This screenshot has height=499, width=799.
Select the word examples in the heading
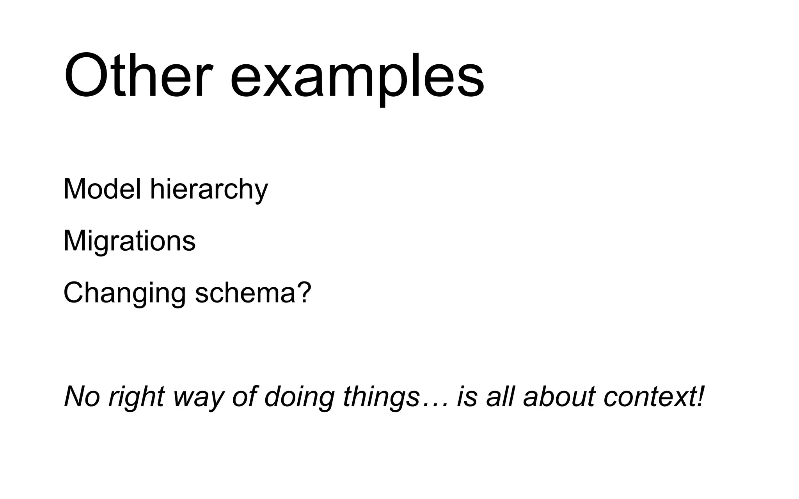click(357, 78)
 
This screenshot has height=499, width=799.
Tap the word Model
click(102, 189)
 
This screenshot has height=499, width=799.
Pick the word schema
click(245, 293)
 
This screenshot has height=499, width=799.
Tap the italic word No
click(82, 396)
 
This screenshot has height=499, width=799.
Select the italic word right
click(136, 398)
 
